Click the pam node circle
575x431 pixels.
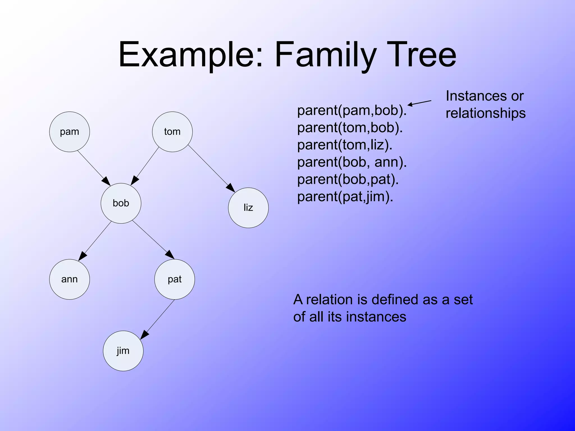coord(69,132)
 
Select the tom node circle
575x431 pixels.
coord(172,132)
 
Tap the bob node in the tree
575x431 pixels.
coord(121,203)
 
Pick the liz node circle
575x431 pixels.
coord(248,208)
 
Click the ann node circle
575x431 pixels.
coord(69,279)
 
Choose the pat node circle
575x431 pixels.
coord(174,279)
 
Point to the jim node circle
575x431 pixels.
coord(123,351)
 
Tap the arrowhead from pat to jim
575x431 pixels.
coord(144,335)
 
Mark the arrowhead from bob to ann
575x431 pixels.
coord(82,256)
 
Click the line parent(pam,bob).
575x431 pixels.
coord(352,111)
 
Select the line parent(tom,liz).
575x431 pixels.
coord(344,145)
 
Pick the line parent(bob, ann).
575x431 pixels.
coord(352,162)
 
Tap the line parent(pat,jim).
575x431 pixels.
coord(345,197)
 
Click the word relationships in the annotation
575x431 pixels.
coord(485,113)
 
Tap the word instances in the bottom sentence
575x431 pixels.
coord(376,317)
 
